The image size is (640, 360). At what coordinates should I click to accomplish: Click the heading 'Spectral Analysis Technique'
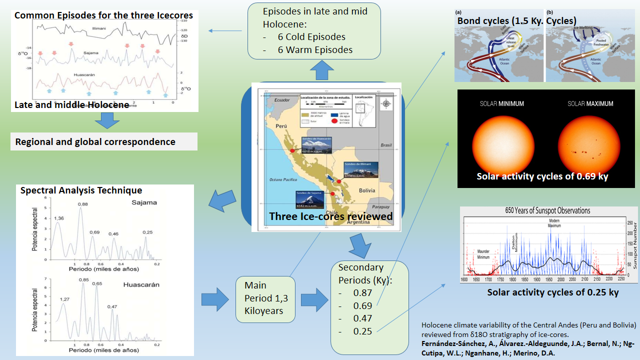pyautogui.click(x=81, y=190)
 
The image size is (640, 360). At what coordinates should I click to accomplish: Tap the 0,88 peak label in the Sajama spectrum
pyautogui.click(x=82, y=204)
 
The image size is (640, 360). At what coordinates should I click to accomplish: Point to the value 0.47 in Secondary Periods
pyautogui.click(x=362, y=318)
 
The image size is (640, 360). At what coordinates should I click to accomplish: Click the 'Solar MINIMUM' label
pyautogui.click(x=502, y=104)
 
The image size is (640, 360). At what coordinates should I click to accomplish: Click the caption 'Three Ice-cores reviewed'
pyautogui.click(x=330, y=216)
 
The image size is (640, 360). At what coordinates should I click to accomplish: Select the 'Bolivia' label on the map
pyautogui.click(x=367, y=190)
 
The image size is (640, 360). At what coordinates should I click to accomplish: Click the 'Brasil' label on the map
pyautogui.click(x=386, y=145)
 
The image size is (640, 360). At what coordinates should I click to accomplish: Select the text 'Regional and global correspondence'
pyautogui.click(x=95, y=141)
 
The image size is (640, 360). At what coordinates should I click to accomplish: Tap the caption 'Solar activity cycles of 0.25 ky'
pyautogui.click(x=553, y=292)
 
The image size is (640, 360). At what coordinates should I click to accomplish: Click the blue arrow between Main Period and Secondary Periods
pyautogui.click(x=313, y=299)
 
